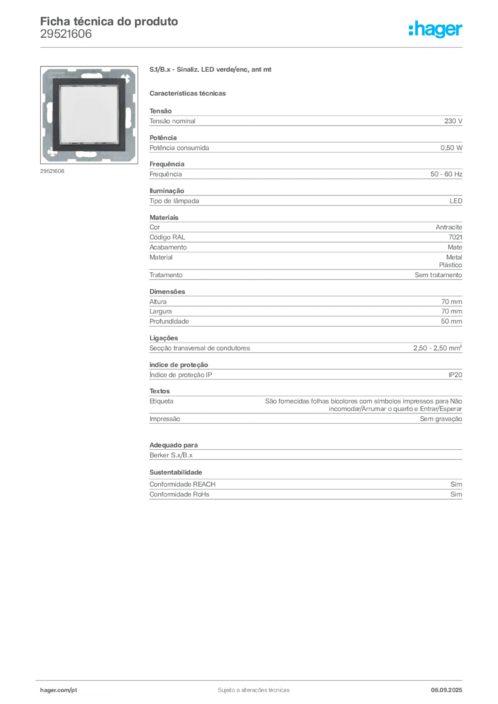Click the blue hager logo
coord(436,30)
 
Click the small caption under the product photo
coord(52,171)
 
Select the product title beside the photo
coord(212,70)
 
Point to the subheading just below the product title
coord(190,92)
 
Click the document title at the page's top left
coord(110,21)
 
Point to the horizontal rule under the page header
coord(253,47)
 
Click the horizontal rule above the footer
coord(253,678)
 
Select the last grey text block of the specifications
coord(305,485)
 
